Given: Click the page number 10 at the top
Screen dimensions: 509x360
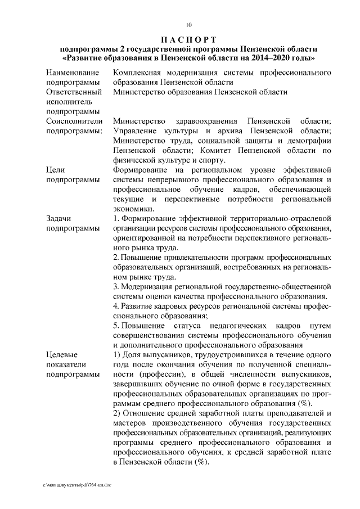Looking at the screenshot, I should tap(188, 24).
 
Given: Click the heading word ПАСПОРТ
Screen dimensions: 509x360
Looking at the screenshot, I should tap(188, 39).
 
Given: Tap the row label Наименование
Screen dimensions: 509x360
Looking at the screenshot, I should tap(73, 73).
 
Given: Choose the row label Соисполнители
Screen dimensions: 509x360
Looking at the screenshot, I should tap(74, 121).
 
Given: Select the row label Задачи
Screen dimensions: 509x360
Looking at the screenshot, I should tap(60, 218).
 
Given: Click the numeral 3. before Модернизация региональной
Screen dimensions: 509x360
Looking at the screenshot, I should tap(116, 286).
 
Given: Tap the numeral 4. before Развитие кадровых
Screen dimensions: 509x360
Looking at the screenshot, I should tap(116, 306).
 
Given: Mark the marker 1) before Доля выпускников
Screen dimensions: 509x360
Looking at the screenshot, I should tap(117, 354).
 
